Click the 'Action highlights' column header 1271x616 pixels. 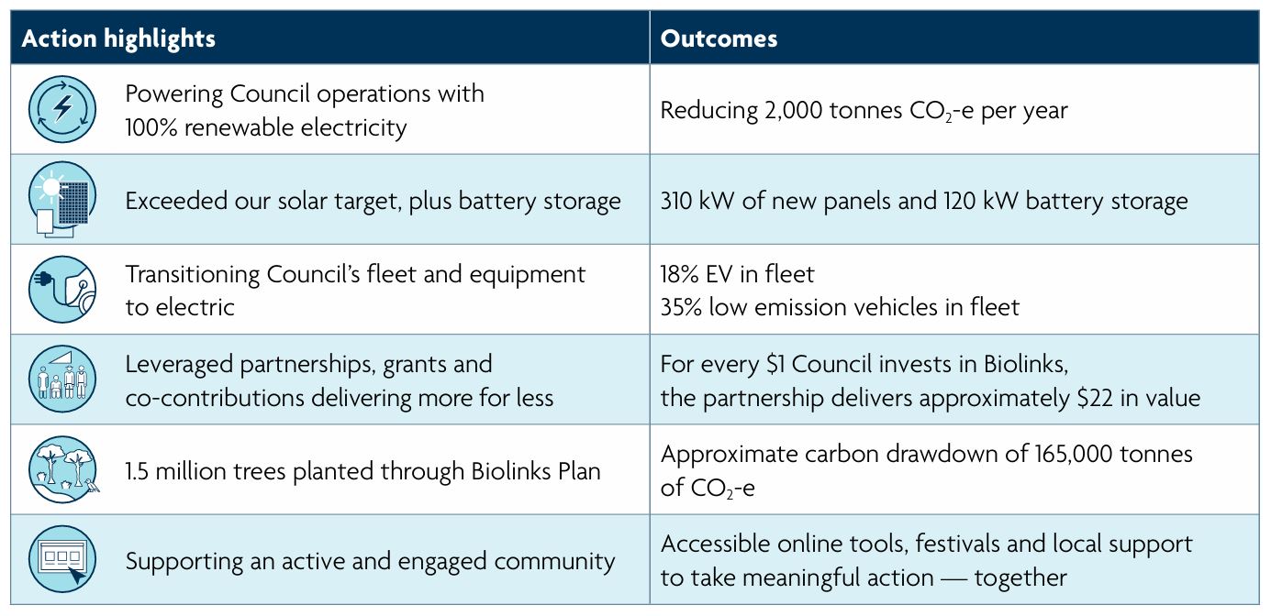(x=118, y=38)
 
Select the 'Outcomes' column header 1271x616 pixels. (x=719, y=38)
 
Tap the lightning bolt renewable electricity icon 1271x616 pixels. (x=61, y=110)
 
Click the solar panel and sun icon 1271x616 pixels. (x=61, y=200)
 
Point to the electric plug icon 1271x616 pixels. (x=61, y=290)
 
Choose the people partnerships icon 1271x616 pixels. (x=61, y=379)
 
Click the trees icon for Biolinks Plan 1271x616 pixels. (x=61, y=469)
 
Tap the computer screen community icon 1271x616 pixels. (x=61, y=559)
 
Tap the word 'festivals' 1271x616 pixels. (x=919, y=544)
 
